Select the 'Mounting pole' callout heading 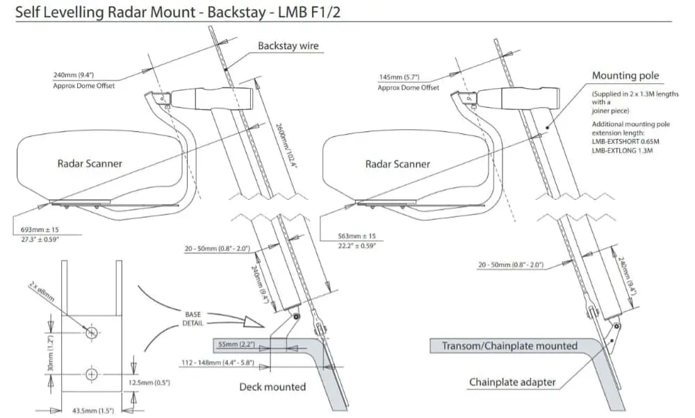point(625,76)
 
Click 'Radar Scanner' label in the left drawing point(90,163)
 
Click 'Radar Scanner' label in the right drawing point(398,164)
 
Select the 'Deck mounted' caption point(272,387)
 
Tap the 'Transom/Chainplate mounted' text point(509,346)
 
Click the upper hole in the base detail point(92,333)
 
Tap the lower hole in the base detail point(92,374)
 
